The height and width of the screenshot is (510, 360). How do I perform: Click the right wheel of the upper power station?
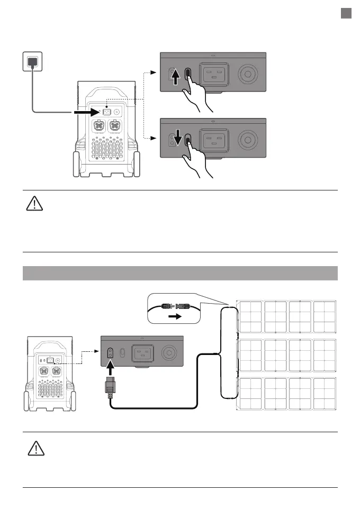coord(138,165)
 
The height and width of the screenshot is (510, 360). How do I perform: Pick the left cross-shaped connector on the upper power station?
coord(101,127)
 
